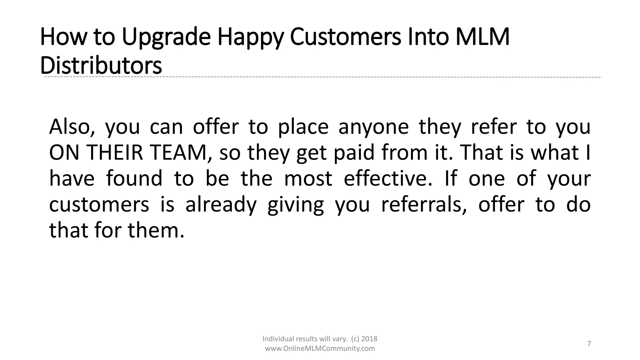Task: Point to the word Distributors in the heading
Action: coord(101,65)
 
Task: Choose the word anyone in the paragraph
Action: coord(373,127)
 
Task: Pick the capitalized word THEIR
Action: coord(114,153)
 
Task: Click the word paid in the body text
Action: coord(354,153)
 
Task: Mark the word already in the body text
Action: coord(221,205)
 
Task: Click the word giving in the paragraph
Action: coord(296,205)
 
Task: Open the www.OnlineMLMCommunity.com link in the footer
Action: coord(320,348)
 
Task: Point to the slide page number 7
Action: coord(589,344)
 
